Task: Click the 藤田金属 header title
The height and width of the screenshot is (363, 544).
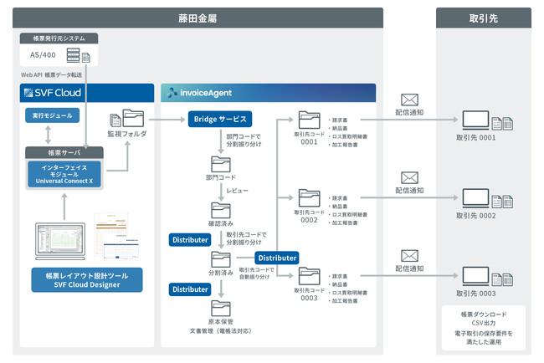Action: (x=198, y=17)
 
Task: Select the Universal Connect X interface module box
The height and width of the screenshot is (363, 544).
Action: (x=64, y=174)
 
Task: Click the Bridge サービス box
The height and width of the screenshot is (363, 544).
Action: (x=220, y=119)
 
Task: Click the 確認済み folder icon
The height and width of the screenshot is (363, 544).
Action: (x=220, y=210)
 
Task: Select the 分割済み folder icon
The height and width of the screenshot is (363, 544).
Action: (x=220, y=259)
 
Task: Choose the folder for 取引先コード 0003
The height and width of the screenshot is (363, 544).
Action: (x=309, y=276)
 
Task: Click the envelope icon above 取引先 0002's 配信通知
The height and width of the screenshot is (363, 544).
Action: (x=409, y=177)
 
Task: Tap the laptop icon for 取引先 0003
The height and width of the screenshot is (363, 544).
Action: (x=476, y=277)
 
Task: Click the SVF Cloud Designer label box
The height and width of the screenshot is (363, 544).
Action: (x=86, y=279)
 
